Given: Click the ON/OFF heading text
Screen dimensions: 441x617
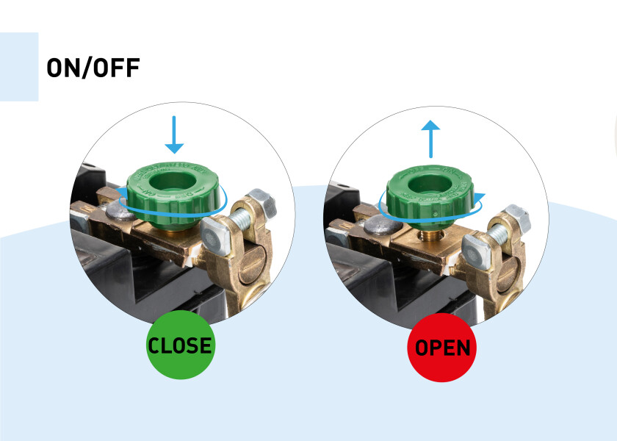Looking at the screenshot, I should tap(93, 68).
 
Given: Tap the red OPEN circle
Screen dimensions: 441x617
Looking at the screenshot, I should tap(442, 348).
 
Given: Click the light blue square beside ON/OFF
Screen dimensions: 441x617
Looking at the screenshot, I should tap(18, 66).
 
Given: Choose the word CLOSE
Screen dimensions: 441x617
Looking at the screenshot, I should tap(179, 346).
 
